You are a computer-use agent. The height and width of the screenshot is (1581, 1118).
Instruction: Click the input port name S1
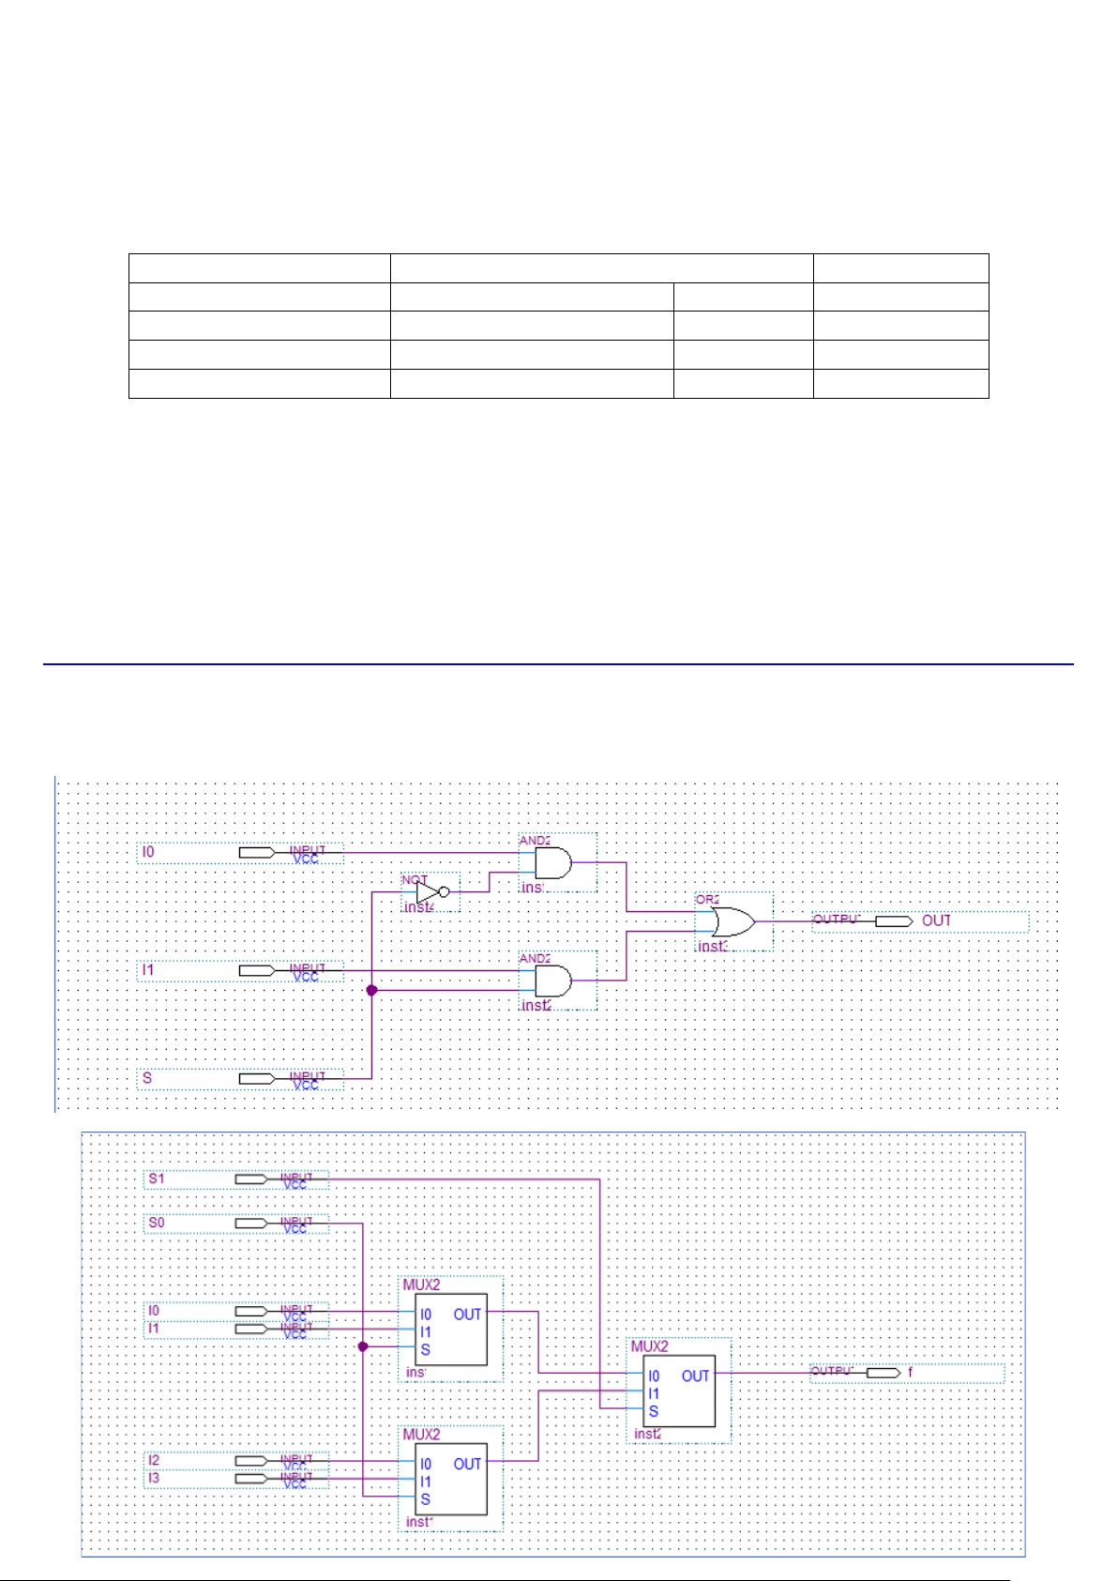157,1178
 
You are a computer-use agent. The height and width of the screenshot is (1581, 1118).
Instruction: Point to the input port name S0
157,1223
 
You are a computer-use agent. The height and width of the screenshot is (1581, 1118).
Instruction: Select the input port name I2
154,1460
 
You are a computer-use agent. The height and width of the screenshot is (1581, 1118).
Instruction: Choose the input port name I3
154,1478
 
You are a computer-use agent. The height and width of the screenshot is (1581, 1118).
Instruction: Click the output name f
910,1373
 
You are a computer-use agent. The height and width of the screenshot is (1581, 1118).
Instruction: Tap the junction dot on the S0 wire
364,1346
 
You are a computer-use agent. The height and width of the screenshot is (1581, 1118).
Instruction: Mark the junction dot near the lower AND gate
372,990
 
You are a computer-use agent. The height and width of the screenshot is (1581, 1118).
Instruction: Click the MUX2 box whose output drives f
680,1391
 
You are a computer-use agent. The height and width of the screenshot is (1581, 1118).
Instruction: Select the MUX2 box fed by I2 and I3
450,1479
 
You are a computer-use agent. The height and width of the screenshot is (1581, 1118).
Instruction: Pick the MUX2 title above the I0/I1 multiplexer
421,1285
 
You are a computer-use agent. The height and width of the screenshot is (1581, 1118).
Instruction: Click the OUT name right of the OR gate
936,920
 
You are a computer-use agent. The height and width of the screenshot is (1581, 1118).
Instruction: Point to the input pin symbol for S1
251,1179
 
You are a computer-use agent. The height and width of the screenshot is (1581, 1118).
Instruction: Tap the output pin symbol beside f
883,1373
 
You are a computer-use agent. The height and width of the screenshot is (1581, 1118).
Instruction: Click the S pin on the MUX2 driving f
654,1411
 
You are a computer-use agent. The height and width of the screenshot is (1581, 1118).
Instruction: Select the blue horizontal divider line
558,664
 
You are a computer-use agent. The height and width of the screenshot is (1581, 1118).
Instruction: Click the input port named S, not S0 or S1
147,1078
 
